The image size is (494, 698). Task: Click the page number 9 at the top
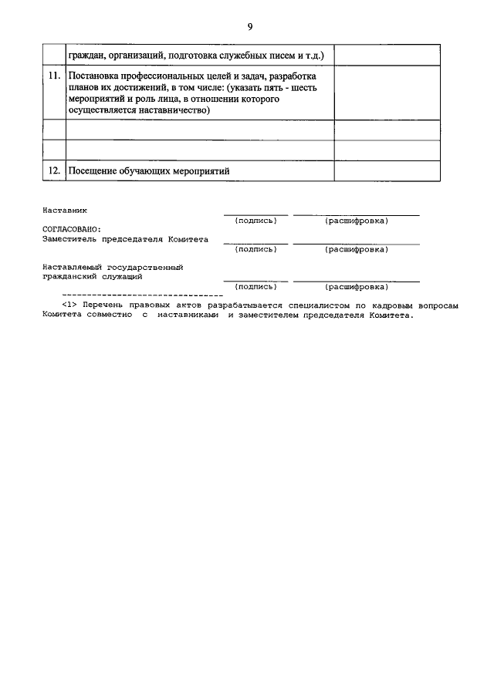pyautogui.click(x=250, y=27)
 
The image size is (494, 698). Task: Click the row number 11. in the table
pyautogui.click(x=54, y=77)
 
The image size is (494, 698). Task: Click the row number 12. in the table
pyautogui.click(x=54, y=170)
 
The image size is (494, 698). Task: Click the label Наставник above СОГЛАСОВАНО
pyautogui.click(x=66, y=210)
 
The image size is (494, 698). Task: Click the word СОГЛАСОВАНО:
pyautogui.click(x=72, y=229)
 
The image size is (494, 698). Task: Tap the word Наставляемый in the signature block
pyautogui.click(x=74, y=267)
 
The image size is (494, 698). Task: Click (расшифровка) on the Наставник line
pyautogui.click(x=357, y=221)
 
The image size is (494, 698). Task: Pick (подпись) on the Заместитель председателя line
pyautogui.click(x=255, y=249)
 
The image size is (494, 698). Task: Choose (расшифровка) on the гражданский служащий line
pyautogui.click(x=357, y=286)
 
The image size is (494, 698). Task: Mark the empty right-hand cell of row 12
pyautogui.click(x=387, y=170)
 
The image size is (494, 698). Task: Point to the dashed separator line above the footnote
pyautogui.click(x=142, y=295)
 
